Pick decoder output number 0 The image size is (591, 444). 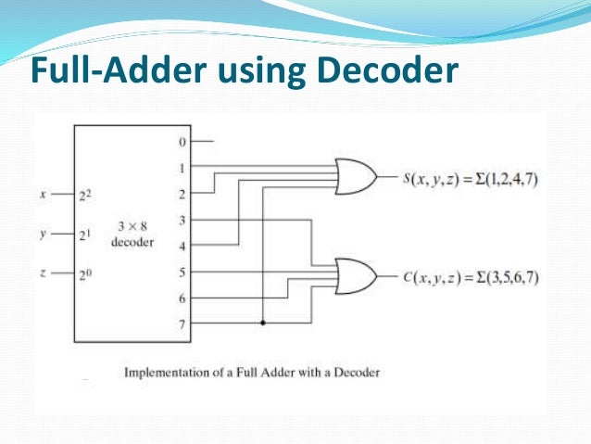(182, 142)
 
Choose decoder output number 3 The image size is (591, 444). (182, 220)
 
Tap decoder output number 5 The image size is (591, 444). (182, 273)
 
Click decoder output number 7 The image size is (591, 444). (182, 324)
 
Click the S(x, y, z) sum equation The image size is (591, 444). (471, 176)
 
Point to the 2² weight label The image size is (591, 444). (84, 195)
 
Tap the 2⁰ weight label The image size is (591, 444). (84, 273)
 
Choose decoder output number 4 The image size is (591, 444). (182, 247)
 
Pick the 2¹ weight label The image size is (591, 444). (84, 235)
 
